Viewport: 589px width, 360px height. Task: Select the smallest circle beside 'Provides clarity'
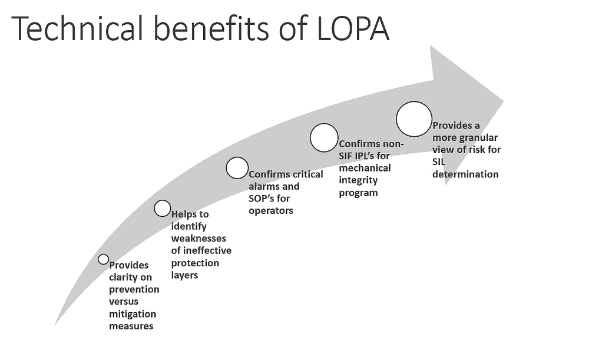point(103,259)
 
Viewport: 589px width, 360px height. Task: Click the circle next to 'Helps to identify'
point(163,208)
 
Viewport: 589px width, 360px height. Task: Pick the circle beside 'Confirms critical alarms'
point(237,167)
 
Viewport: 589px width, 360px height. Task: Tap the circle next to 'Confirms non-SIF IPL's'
point(324,137)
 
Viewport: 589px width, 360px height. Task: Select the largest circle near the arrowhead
point(414,118)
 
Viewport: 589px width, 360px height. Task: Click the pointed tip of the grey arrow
point(502,100)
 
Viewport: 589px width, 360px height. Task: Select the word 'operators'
point(271,210)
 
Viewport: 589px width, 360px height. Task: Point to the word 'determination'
point(465,174)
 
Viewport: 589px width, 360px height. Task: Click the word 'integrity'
point(358,180)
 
